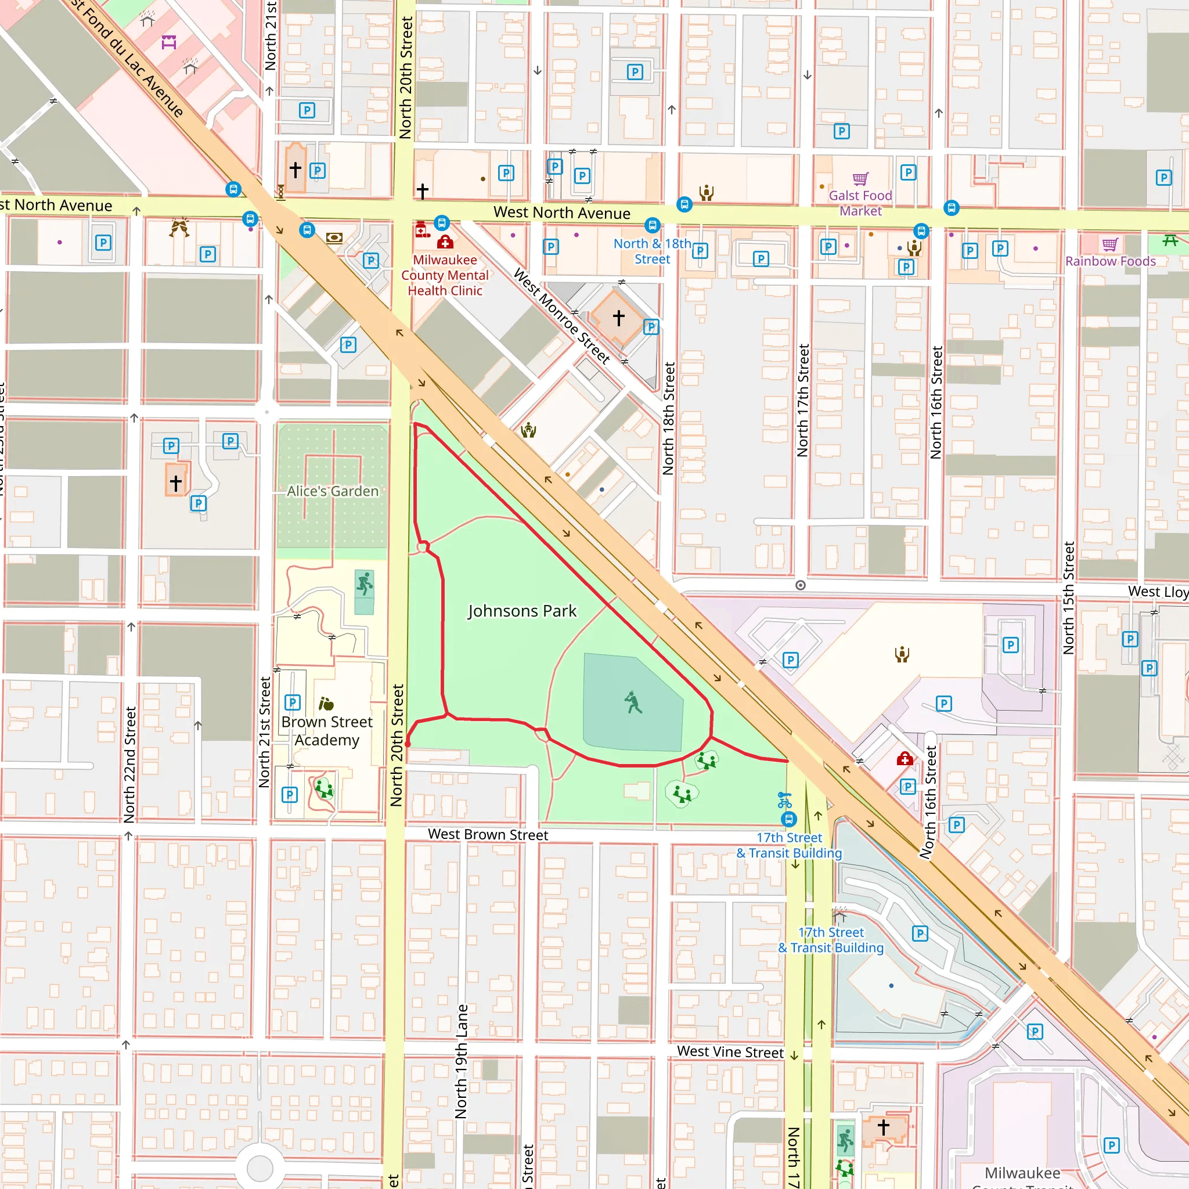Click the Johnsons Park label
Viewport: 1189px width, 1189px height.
coord(522,611)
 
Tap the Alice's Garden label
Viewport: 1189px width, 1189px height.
coord(332,491)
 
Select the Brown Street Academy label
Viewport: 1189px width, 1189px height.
coord(327,730)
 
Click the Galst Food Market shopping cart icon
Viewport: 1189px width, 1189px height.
coord(860,179)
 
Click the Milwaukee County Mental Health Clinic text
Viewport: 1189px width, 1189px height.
coord(445,275)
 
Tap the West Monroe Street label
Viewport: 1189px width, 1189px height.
coord(561,316)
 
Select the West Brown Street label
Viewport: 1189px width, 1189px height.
coord(488,834)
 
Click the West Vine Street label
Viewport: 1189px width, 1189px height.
coord(730,1052)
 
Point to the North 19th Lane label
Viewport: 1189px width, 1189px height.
coord(462,1061)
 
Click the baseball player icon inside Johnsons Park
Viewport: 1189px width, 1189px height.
coord(633,702)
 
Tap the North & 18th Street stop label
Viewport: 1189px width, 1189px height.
coord(652,251)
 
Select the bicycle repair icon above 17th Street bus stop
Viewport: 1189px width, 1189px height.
coord(784,800)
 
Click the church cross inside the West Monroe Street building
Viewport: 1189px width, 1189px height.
coord(618,318)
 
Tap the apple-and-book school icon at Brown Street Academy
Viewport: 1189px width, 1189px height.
coord(326,704)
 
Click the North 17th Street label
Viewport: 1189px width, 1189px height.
coord(802,400)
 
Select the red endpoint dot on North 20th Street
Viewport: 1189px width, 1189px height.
coord(408,745)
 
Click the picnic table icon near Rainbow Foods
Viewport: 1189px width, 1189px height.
coord(1170,240)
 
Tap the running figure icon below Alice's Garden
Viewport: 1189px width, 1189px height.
coord(365,583)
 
